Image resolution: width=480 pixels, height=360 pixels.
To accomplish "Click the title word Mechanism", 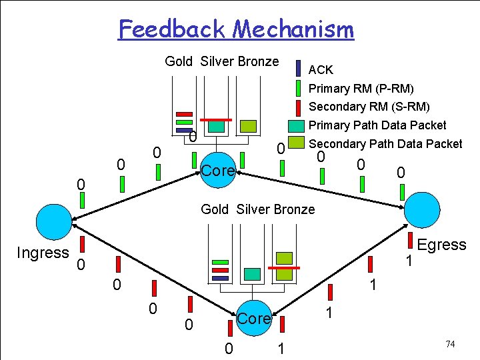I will click(294, 29).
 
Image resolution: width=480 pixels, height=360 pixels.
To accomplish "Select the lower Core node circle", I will click(253, 319).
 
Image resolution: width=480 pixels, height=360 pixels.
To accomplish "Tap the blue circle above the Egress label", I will click(422, 210).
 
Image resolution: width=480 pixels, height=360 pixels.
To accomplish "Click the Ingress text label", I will click(43, 253).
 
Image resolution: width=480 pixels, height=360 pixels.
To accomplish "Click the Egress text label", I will click(441, 245).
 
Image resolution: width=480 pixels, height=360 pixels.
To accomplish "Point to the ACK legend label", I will click(321, 70).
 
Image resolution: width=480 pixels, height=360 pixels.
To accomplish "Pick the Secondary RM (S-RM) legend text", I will click(369, 107).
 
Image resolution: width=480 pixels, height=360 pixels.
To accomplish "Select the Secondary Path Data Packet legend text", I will click(385, 143).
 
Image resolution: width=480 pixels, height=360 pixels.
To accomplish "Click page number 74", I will click(450, 344).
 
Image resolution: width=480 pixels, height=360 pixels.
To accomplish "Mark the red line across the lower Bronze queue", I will click(285, 267).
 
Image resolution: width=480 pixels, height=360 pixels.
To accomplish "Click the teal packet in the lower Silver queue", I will click(252, 273).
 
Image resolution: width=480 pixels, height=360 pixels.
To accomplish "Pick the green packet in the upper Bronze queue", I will click(248, 125).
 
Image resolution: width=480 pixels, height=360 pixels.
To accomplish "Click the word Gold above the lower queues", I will click(214, 209).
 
